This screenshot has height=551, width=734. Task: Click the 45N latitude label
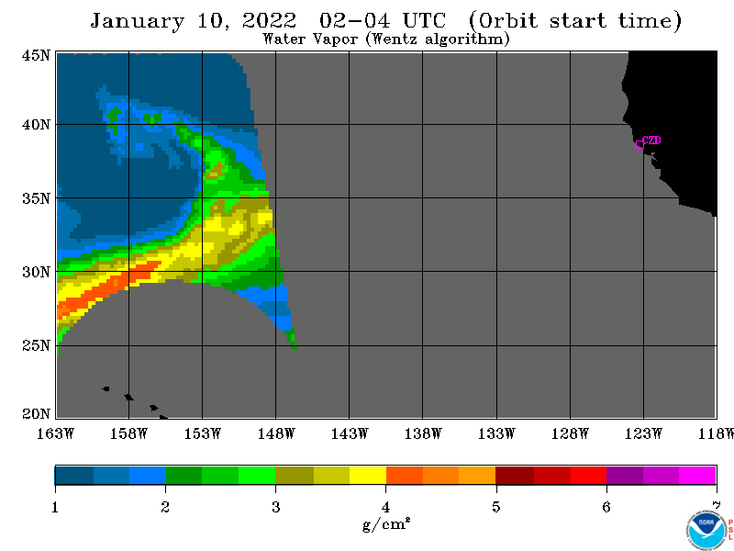pos(36,55)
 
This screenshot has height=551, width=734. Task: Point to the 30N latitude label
pos(36,272)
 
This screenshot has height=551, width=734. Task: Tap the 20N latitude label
pos(36,414)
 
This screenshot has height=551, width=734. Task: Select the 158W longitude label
pos(128,433)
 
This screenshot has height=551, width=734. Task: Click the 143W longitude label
pos(350,433)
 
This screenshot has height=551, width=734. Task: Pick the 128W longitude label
pos(570,433)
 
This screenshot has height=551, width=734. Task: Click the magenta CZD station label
pos(651,141)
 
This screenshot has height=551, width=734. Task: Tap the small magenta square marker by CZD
pos(639,145)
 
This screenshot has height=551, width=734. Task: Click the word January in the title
pos(137,21)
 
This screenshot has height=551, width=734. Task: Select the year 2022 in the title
pos(269,20)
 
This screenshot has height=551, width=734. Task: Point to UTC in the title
pos(424,20)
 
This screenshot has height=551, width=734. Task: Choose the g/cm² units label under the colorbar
pos(386,523)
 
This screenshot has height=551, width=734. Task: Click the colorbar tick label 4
pos(385,507)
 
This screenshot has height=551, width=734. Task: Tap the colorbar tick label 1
pos(55,507)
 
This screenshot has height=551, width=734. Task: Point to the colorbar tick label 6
pos(606,507)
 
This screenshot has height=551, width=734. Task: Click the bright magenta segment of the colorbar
pos(697,475)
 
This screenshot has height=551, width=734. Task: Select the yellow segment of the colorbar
pos(368,475)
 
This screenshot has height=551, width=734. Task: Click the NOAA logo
pos(706,531)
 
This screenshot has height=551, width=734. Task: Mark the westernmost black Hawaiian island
pos(106,388)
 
